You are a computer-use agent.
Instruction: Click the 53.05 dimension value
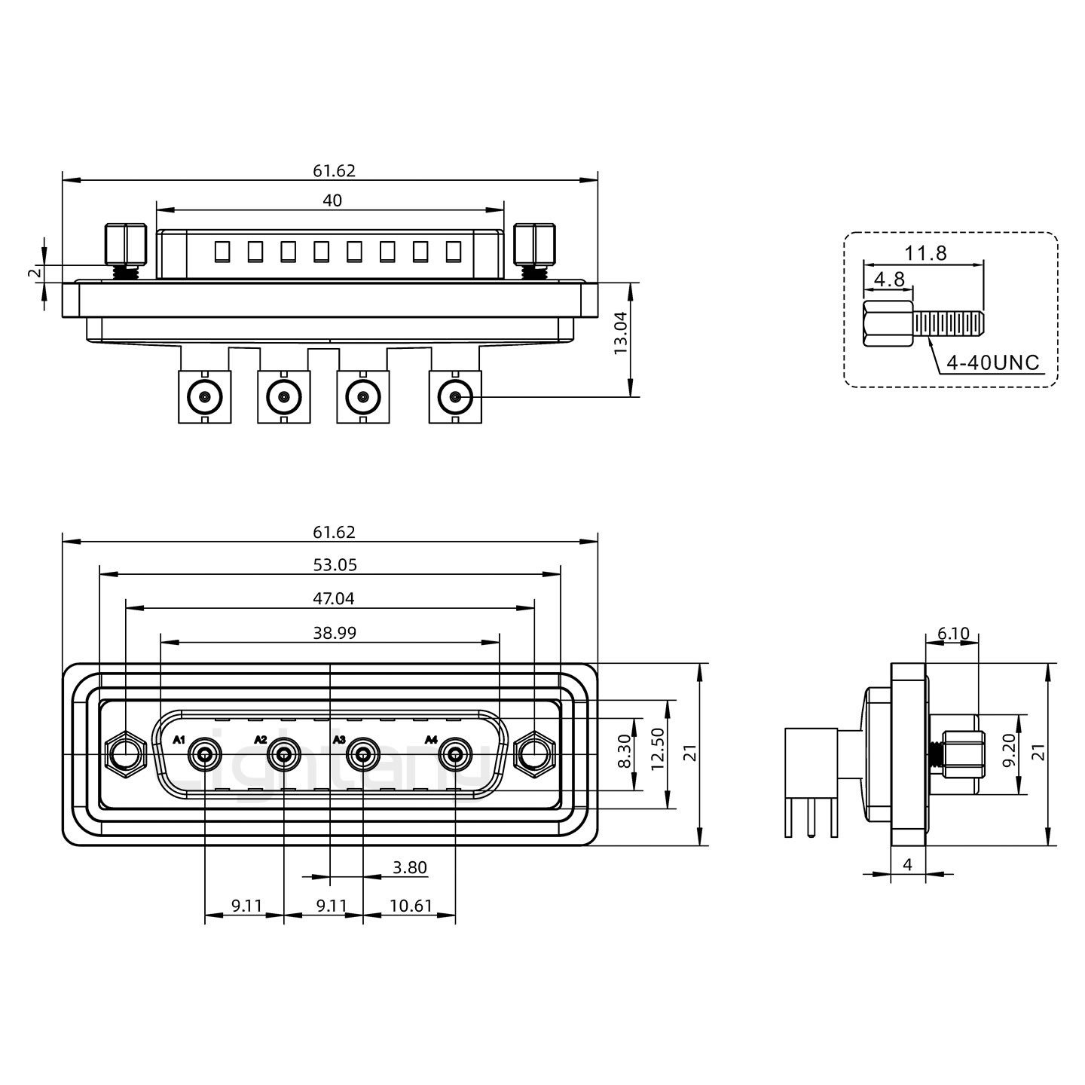coord(335,565)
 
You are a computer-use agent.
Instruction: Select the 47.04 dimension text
coord(335,599)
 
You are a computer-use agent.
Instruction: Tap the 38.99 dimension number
coord(335,634)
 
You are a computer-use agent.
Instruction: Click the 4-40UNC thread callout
coord(992,363)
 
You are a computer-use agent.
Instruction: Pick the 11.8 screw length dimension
coord(926,253)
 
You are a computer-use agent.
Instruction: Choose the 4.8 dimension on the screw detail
coord(888,280)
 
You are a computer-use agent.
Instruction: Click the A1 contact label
coord(179,740)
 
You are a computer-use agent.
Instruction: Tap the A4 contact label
coord(431,740)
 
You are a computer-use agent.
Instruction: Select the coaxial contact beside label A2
coord(284,753)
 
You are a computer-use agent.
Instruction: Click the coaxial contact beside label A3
coord(362,753)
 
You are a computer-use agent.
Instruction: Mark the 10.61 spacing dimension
coord(411,905)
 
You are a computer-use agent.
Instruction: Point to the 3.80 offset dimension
coord(410,867)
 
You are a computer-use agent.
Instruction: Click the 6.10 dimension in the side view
coord(953,634)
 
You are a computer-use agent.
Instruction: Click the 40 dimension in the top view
coord(332,200)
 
